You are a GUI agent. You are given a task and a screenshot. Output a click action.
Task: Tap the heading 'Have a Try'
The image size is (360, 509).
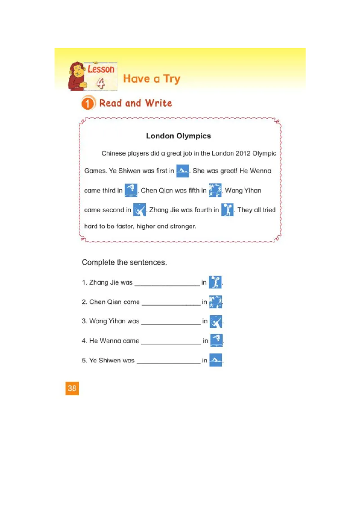point(151,79)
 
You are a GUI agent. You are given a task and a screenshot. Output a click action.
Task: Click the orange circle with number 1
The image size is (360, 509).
point(88,104)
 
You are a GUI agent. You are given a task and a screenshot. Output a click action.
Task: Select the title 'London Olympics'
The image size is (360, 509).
point(178,136)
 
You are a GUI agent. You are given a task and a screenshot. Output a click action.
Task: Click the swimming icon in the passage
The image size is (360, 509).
point(182,171)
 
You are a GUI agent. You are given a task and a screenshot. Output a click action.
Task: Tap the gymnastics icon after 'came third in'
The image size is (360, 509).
point(130,190)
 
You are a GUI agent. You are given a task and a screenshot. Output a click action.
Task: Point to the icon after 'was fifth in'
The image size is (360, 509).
point(215,190)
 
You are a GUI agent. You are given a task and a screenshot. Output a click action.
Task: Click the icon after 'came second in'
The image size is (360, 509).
point(139,210)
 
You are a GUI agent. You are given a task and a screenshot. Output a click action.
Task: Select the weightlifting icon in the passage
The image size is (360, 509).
point(227,210)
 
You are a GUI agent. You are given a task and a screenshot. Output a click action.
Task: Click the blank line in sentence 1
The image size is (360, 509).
point(167,285)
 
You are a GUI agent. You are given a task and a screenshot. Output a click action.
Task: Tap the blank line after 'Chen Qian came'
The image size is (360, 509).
point(171,304)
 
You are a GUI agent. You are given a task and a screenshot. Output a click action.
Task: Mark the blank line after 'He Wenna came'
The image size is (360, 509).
point(171,343)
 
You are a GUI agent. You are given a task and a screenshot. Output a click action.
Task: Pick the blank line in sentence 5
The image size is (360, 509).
point(168,362)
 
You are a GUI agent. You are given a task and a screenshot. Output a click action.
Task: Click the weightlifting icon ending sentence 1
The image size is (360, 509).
point(216,282)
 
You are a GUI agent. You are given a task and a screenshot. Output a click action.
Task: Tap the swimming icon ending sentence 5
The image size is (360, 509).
point(216,360)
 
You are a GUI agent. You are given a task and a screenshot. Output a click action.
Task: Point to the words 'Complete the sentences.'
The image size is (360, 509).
point(124,262)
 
